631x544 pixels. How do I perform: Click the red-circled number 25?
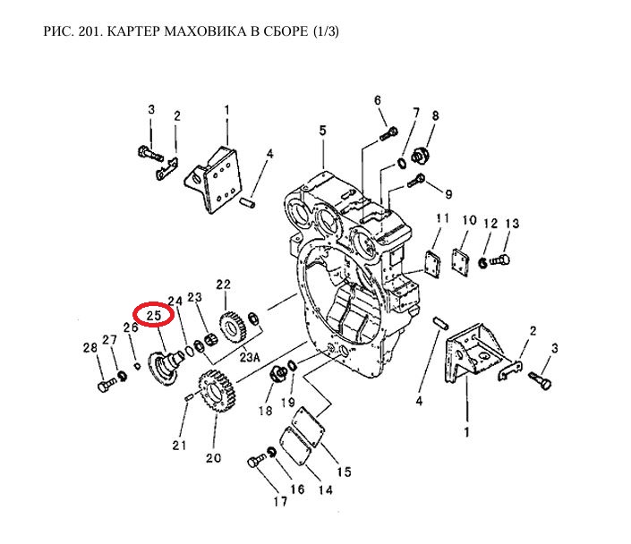pos(153,316)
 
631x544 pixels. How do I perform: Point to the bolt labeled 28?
pos(105,387)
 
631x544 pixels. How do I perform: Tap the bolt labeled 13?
pos(501,260)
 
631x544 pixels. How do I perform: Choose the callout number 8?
pos(436,116)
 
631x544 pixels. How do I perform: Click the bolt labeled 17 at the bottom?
pos(255,462)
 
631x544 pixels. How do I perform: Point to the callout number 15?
pos(345,472)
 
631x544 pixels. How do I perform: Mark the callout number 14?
pos(325,489)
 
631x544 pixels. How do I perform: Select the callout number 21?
pos(179,445)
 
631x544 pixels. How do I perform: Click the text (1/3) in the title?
pos(325,33)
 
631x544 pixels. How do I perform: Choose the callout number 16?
pos(297,490)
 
